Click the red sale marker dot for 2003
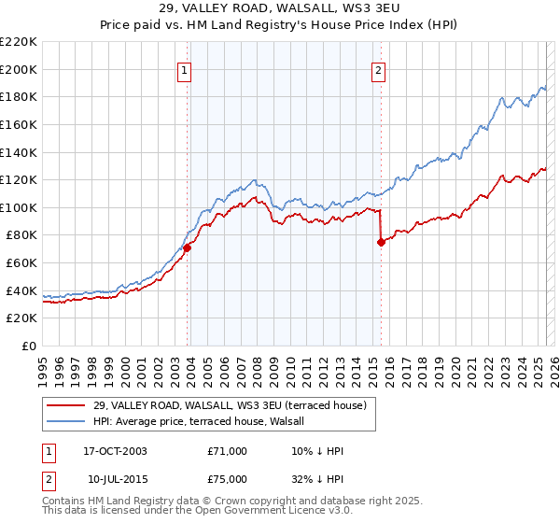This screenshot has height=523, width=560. pos(188,247)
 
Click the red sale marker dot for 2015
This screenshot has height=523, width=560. pos(381,242)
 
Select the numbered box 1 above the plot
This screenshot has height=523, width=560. pos(184,70)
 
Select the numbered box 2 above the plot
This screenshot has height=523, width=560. pos(378,70)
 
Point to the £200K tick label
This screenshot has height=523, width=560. pos(19,69)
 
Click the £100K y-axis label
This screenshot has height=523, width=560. pos(19,207)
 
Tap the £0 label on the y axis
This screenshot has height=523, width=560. pos(28,346)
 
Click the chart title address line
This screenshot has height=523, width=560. pos(280,9)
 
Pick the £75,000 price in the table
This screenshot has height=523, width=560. pos(228,479)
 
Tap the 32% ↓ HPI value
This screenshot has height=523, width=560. pos(318,479)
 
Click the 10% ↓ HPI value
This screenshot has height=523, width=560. pos(318,451)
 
